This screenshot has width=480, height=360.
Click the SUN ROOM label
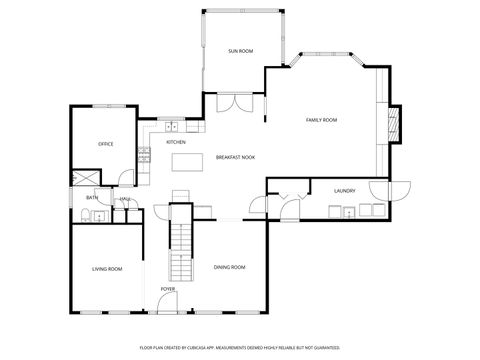pyautogui.click(x=239, y=50)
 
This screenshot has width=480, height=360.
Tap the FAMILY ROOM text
pyautogui.click(x=321, y=119)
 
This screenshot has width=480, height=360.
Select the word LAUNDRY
pyautogui.click(x=346, y=190)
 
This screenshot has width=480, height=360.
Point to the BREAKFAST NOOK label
pyautogui.click(x=236, y=157)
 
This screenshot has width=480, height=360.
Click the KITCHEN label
pyautogui.click(x=175, y=141)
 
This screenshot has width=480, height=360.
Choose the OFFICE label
pyautogui.click(x=105, y=144)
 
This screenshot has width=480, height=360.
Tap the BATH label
pyautogui.click(x=92, y=198)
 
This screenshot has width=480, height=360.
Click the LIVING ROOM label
pyautogui.click(x=107, y=268)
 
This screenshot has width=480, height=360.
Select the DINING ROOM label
pyautogui.click(x=229, y=267)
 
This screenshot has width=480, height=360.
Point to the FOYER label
pyautogui.click(x=168, y=290)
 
